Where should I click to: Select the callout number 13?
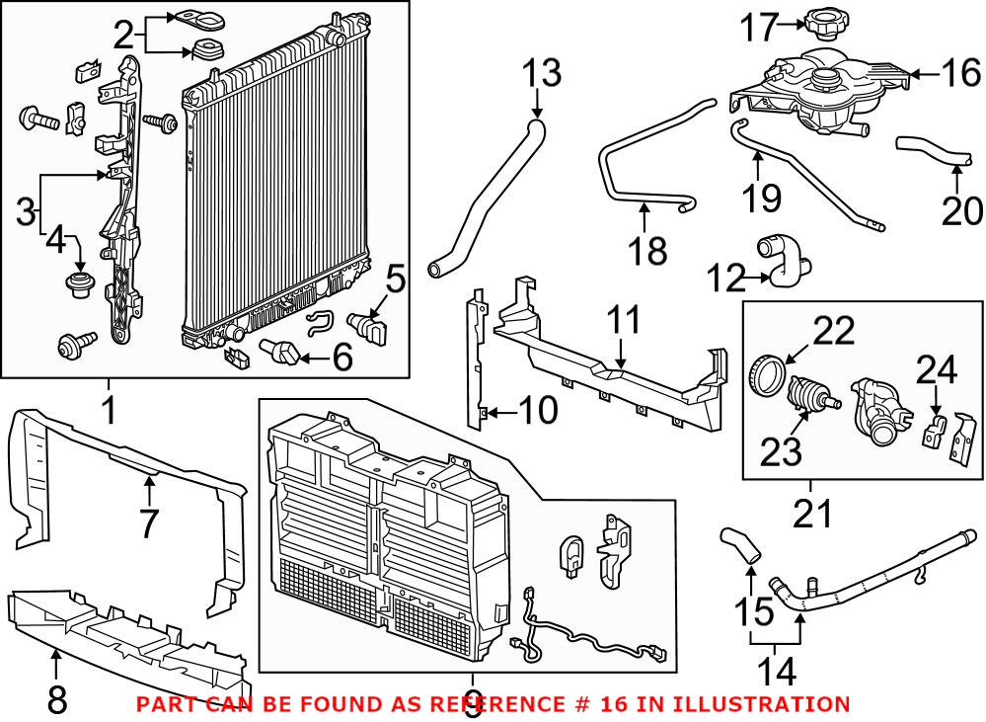(x=540, y=73)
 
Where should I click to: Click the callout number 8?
(x=57, y=700)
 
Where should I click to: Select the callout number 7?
(x=148, y=523)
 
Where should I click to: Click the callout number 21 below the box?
(x=810, y=514)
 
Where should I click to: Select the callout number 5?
(x=394, y=280)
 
